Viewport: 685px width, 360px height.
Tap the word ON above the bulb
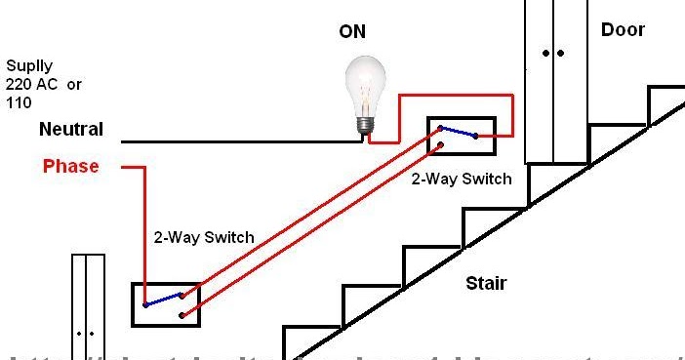click(x=352, y=32)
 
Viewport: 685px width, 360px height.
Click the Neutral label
click(x=70, y=129)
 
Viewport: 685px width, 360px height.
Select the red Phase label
click(x=70, y=167)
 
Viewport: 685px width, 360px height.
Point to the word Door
click(x=623, y=30)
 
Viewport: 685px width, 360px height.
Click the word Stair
click(x=485, y=284)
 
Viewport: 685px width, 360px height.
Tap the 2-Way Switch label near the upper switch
click(x=461, y=179)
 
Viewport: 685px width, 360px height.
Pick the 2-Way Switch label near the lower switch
click(x=204, y=237)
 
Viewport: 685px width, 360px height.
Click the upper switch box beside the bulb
click(x=462, y=137)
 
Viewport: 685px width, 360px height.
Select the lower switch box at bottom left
click(x=166, y=303)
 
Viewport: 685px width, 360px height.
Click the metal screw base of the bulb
click(x=365, y=125)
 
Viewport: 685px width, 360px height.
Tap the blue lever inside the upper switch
click(x=458, y=132)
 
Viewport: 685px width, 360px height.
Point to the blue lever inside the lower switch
click(x=162, y=299)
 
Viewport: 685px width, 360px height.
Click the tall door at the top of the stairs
click(x=556, y=78)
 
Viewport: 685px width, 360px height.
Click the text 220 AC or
click(x=44, y=85)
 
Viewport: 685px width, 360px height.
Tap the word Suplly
click(x=28, y=67)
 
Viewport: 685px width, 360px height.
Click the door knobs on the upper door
click(x=555, y=53)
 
